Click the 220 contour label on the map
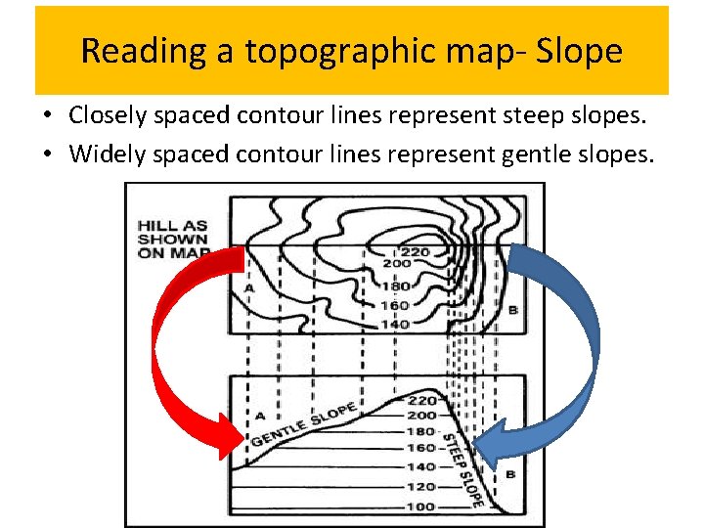point(414,251)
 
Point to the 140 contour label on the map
point(395,324)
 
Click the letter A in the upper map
point(249,289)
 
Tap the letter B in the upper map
point(512,310)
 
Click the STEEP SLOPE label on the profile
point(462,470)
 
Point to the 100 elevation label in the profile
point(421,506)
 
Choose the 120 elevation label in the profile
point(421,486)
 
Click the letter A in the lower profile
point(260,417)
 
